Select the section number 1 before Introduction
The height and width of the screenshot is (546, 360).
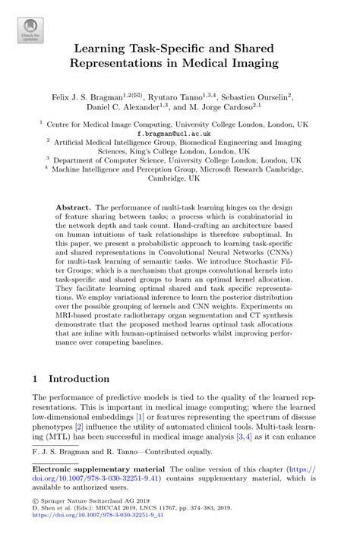point(35,378)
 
